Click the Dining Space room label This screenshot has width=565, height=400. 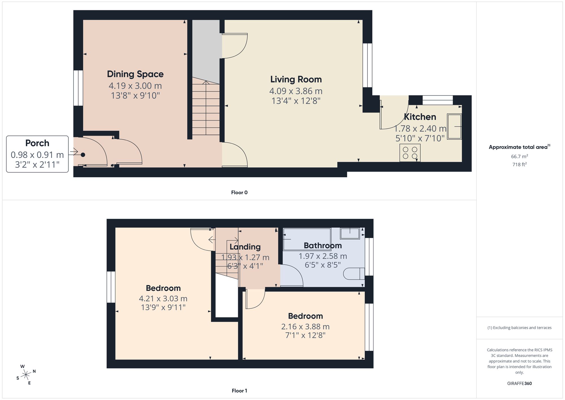(x=135, y=74)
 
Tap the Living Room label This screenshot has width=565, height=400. (x=296, y=79)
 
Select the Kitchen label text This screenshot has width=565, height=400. (x=420, y=117)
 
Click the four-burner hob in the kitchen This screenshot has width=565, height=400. (x=410, y=153)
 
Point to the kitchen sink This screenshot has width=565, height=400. (x=454, y=126)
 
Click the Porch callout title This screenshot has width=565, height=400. (x=37, y=143)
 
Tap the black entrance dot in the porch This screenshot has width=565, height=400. (x=83, y=155)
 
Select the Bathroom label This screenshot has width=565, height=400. (x=323, y=245)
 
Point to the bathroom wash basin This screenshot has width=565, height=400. (x=350, y=233)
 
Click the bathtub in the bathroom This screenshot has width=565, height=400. (x=307, y=239)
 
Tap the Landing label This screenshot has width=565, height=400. (x=245, y=247)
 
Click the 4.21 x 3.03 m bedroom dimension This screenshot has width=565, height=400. (x=163, y=299)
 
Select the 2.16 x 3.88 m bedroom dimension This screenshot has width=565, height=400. (x=305, y=327)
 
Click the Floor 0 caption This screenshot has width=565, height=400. (x=239, y=193)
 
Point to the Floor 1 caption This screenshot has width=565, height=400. (x=239, y=391)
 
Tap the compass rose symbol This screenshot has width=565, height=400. (x=26, y=375)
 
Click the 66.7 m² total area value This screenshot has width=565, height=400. (x=519, y=156)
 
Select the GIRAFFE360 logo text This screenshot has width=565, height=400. (x=519, y=383)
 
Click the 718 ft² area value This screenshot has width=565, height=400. (x=519, y=164)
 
